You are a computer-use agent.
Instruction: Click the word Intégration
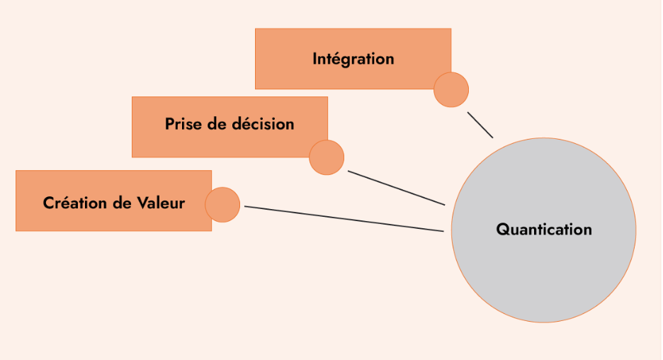(x=353, y=59)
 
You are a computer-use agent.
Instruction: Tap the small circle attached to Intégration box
(x=451, y=89)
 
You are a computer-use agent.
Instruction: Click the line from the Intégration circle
(x=480, y=125)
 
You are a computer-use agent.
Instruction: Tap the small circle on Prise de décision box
(x=327, y=157)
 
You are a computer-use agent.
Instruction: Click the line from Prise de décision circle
(x=397, y=188)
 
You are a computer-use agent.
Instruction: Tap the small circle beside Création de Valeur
(x=222, y=205)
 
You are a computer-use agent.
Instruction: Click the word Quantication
(x=543, y=230)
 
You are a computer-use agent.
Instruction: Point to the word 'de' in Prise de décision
(x=219, y=124)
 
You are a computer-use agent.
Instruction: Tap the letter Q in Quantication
(x=501, y=230)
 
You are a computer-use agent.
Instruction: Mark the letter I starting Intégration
(x=314, y=59)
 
